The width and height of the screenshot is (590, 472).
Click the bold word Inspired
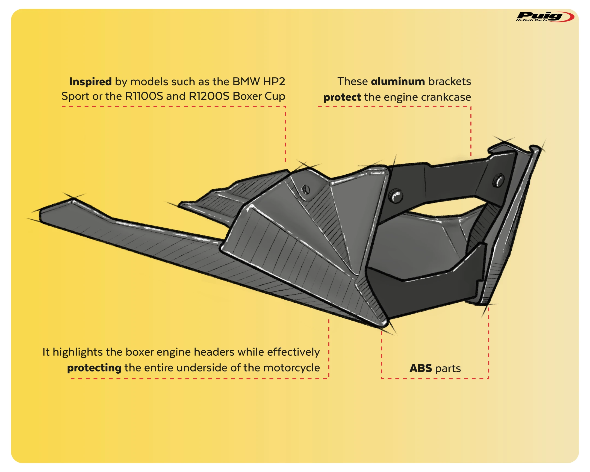click(x=90, y=82)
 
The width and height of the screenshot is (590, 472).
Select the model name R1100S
click(x=144, y=96)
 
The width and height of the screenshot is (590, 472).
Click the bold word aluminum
click(x=398, y=82)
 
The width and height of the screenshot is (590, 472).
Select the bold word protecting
click(x=94, y=368)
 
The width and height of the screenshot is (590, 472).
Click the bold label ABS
click(x=421, y=368)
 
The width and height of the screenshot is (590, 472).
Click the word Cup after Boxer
click(x=275, y=96)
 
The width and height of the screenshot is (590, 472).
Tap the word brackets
click(x=450, y=82)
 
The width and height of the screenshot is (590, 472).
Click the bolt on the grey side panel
click(x=305, y=189)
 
